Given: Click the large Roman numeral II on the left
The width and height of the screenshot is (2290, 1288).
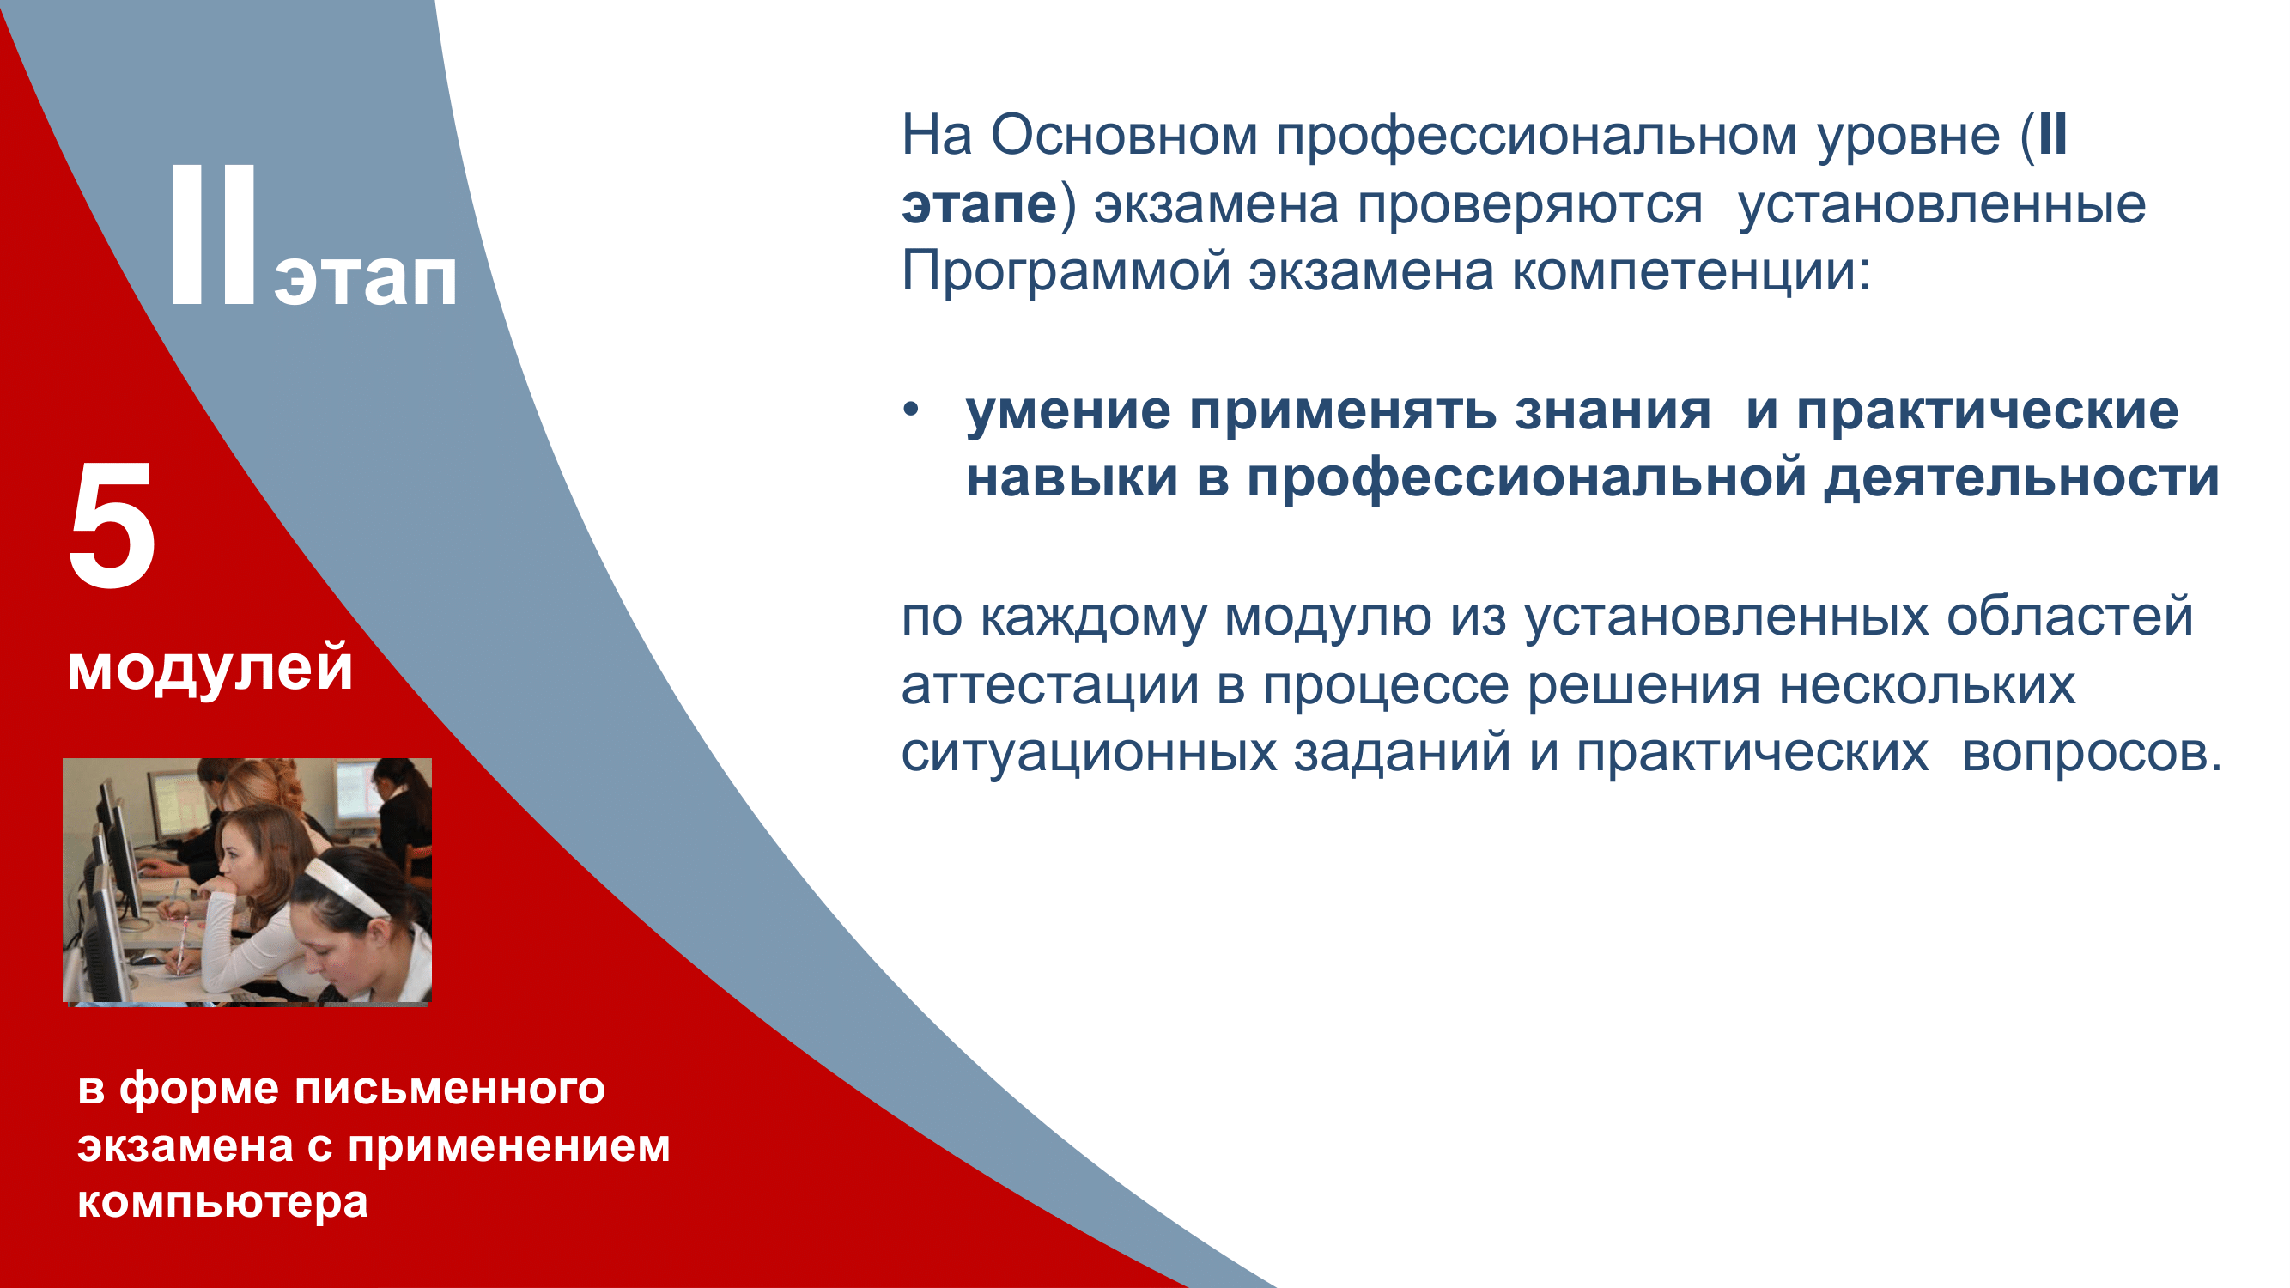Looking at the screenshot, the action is [x=212, y=234].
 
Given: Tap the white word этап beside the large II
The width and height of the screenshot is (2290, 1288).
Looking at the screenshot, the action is [x=366, y=278].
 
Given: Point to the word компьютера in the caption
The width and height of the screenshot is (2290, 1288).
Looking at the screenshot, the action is [x=222, y=1203].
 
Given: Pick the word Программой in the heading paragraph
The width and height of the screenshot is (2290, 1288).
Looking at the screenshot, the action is [x=1066, y=272].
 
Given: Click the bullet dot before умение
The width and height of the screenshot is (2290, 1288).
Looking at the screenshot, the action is [x=910, y=410].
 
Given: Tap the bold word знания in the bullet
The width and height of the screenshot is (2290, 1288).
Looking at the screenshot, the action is [x=1613, y=410].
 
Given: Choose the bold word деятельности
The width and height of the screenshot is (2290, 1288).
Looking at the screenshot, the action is [x=2021, y=478].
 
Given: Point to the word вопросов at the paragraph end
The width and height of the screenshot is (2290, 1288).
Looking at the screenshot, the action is [x=2090, y=755].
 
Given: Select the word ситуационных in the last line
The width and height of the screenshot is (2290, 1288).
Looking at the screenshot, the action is [x=1089, y=754].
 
